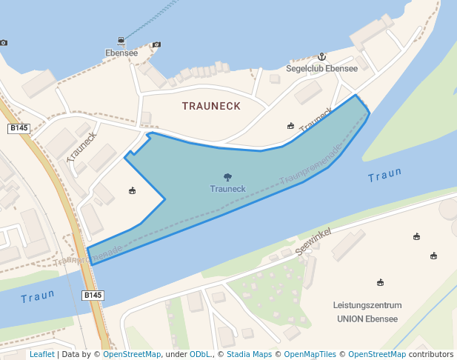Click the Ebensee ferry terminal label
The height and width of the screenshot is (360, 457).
click(x=121, y=53)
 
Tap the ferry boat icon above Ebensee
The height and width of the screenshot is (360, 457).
click(x=121, y=41)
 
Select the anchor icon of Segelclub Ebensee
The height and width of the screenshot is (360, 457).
click(x=322, y=56)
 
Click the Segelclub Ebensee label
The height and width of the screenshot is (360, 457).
click(x=331, y=68)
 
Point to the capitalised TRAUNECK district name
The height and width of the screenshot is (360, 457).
click(x=211, y=106)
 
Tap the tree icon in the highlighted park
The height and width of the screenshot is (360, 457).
click(x=227, y=177)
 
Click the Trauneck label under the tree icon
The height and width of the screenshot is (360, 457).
click(x=227, y=189)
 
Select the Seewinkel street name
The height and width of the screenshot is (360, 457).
click(x=316, y=242)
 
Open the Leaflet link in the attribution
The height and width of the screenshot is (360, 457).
click(x=42, y=355)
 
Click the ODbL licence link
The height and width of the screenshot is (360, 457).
click(x=200, y=355)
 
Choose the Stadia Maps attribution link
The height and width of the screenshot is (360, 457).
click(x=249, y=355)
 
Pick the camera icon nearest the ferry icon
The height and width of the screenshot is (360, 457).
click(x=156, y=44)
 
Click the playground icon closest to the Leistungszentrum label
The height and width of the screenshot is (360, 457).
click(x=380, y=282)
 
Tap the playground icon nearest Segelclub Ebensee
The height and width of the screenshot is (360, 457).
click(x=291, y=125)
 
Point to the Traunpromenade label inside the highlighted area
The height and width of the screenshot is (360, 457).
click(x=311, y=165)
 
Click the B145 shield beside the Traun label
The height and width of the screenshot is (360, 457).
click(x=93, y=296)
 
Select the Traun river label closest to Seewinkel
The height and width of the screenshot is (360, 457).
click(x=384, y=176)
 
